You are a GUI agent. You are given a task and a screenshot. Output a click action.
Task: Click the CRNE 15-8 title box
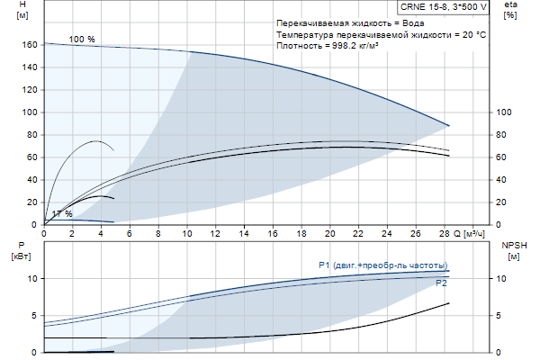(x=445, y=6)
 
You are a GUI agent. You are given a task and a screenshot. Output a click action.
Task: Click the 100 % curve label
(x=81, y=39)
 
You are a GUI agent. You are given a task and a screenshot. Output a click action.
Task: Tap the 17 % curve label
(x=62, y=213)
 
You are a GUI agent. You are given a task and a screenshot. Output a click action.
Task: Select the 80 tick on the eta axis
(x=504, y=135)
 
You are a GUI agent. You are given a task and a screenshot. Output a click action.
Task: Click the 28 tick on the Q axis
(x=444, y=233)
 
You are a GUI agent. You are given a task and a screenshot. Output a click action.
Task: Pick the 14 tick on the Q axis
(x=244, y=233)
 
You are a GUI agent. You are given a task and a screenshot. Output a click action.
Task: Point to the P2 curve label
(x=441, y=283)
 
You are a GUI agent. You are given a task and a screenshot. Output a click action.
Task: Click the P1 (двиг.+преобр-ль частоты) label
(x=382, y=265)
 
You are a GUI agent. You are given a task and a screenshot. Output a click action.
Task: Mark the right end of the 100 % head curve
(x=448, y=125)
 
